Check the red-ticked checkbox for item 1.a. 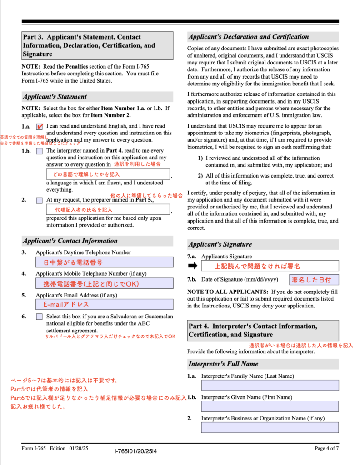coord(40,127)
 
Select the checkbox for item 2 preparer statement coord(40,200)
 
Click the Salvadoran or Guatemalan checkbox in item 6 coord(40,317)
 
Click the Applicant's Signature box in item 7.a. coord(270,266)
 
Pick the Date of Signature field coord(314,280)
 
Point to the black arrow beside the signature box coord(193,266)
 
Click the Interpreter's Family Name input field coord(270,385)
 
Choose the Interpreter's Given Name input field coord(270,406)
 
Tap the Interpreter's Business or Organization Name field coord(270,427)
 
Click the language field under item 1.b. coord(108,174)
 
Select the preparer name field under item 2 coord(108,209)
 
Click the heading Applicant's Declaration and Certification coord(248,37)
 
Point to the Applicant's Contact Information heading coord(70,241)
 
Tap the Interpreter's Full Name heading coord(223,364)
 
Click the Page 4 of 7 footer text coord(326,449)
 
